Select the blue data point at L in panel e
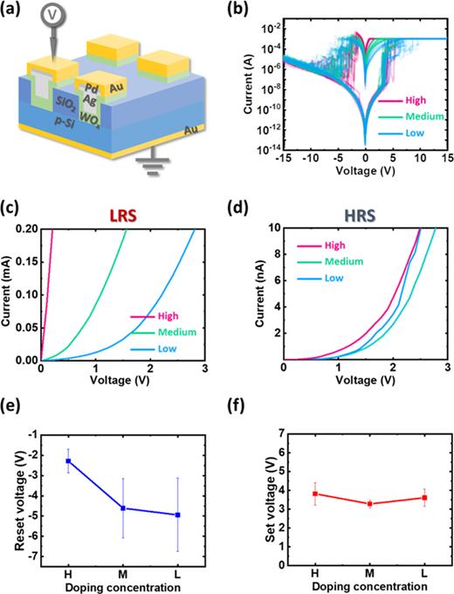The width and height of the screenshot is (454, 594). (x=178, y=515)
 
